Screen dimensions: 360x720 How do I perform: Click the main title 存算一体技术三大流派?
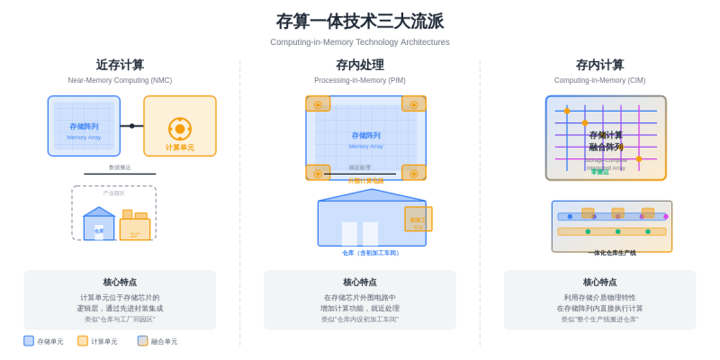click(360, 21)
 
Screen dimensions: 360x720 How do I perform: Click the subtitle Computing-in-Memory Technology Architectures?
click(360, 42)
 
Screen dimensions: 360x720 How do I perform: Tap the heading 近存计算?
click(120, 65)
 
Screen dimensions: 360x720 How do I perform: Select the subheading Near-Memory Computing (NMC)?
click(120, 80)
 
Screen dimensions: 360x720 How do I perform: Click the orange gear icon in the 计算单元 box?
click(180, 129)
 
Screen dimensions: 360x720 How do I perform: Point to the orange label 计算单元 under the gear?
click(180, 148)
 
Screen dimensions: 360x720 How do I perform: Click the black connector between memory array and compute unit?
click(131, 126)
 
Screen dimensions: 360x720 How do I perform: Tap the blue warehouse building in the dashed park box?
click(98, 226)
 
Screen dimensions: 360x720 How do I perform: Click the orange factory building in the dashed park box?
click(135, 227)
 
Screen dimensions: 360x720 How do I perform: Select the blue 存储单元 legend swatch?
click(29, 341)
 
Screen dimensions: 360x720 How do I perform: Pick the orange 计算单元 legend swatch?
click(83, 341)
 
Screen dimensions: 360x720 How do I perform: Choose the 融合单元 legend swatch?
click(143, 341)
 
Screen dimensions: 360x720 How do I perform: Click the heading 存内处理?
click(360, 65)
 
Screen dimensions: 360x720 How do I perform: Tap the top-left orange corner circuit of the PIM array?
click(318, 104)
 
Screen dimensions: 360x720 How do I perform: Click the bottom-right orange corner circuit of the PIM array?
click(414, 171)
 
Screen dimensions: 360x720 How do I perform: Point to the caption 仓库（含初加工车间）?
click(371, 253)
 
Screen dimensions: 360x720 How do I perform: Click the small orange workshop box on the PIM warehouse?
click(418, 219)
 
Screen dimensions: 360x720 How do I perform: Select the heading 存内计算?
click(599, 65)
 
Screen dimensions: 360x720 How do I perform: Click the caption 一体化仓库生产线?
click(612, 253)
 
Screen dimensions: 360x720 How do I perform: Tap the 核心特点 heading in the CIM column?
click(599, 282)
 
